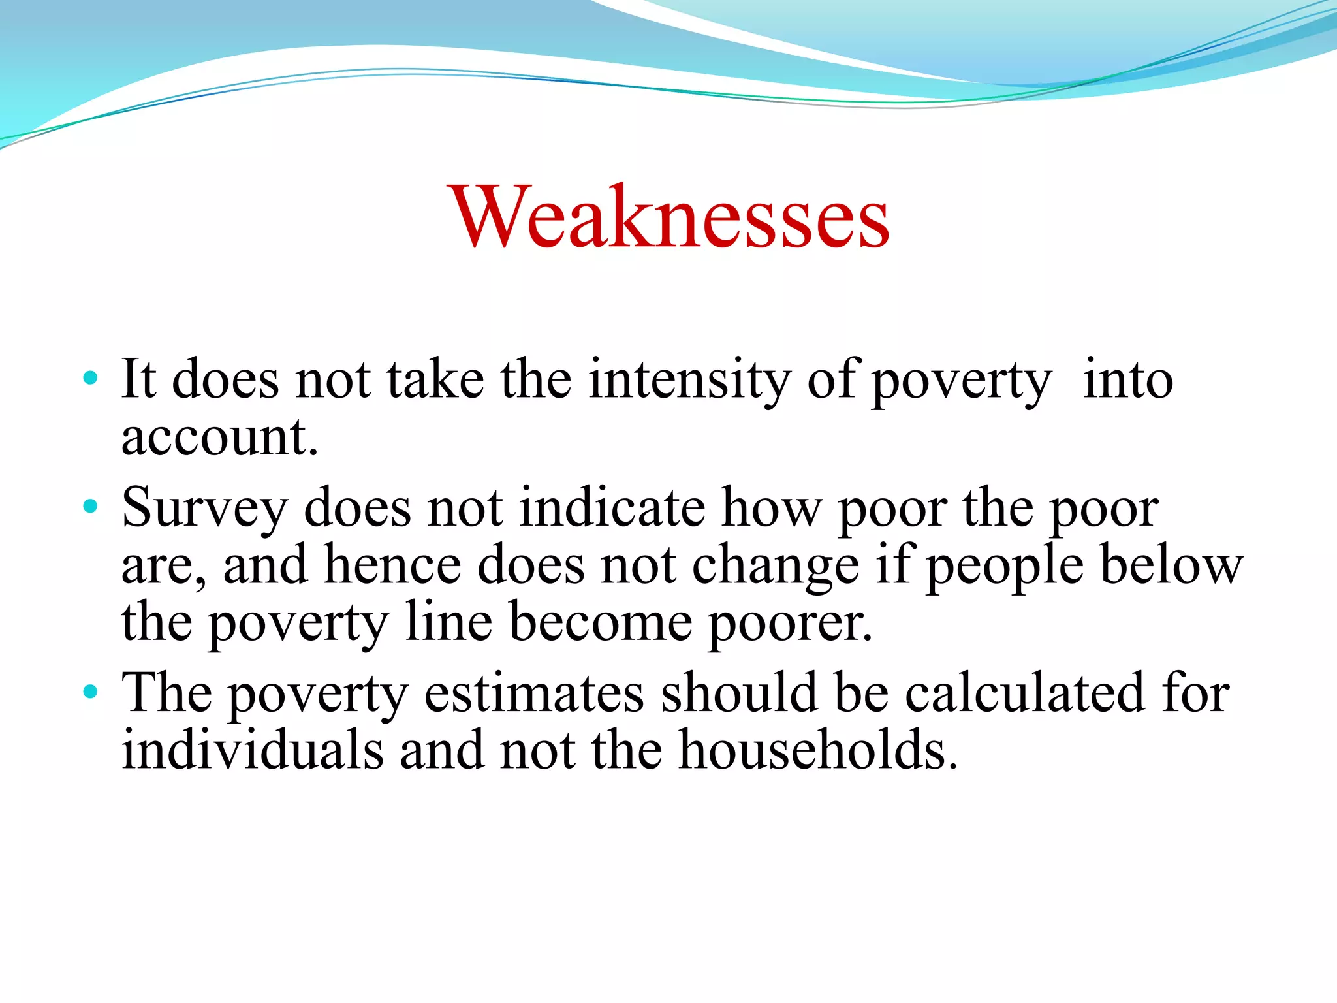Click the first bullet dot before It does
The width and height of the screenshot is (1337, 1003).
91,378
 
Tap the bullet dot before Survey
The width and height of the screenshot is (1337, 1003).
91,506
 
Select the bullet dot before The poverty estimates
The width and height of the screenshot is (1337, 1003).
91,691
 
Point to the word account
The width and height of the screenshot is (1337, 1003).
219,438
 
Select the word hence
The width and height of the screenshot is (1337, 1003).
392,565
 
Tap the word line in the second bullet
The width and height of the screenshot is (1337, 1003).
448,622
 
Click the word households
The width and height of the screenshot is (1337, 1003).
819,750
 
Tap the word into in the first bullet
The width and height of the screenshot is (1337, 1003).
1127,379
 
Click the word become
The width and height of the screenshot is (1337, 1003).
601,622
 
